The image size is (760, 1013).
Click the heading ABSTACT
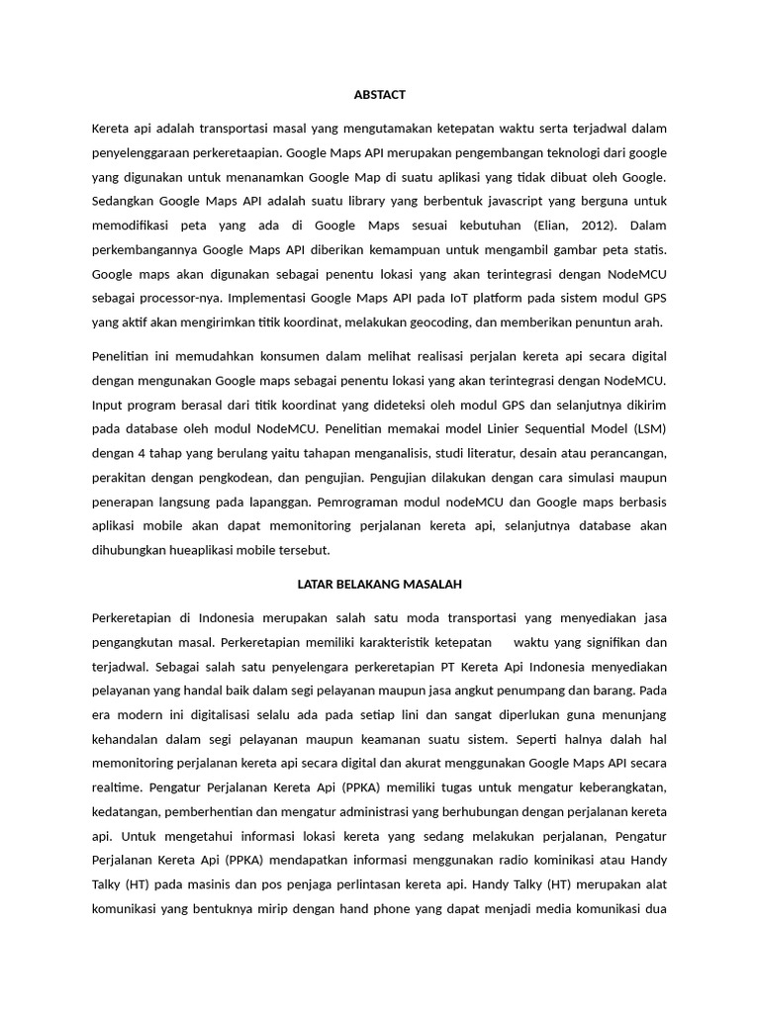point(379,95)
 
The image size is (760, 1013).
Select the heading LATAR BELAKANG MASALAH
point(379,584)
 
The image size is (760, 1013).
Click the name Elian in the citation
point(551,225)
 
